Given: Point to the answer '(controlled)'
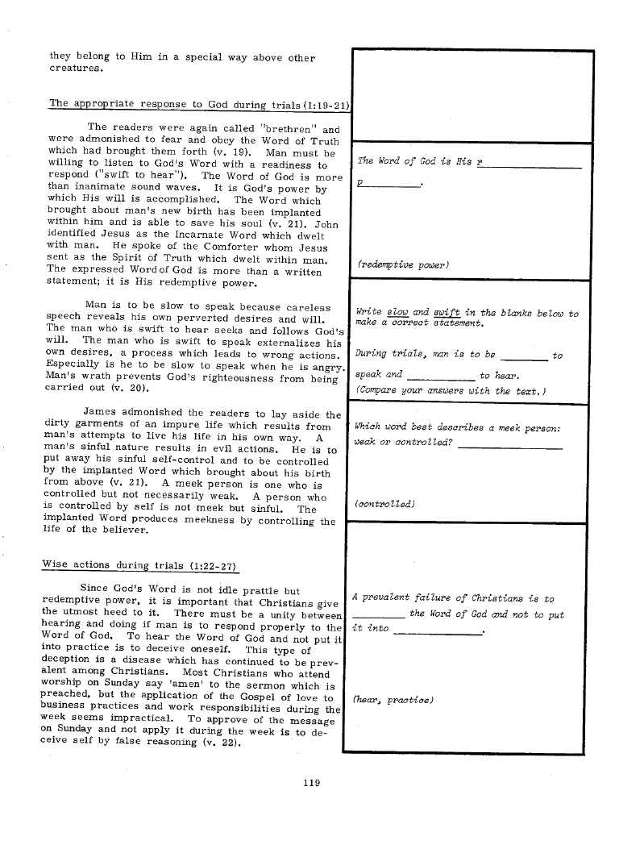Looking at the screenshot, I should tap(384, 504).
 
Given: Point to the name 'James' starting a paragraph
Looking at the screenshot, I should tap(101, 414).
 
